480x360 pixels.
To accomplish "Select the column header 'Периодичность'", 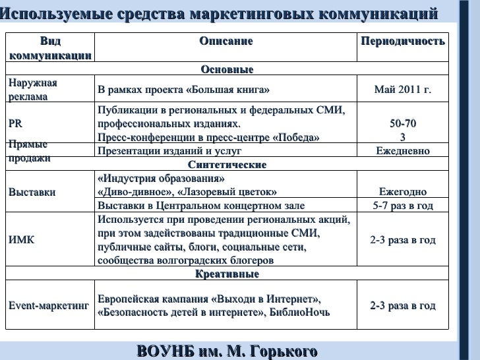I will point(402,42).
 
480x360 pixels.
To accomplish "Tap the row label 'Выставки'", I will point(32,193).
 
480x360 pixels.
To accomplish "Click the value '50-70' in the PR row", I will point(402,124).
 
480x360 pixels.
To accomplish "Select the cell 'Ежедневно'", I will point(402,151).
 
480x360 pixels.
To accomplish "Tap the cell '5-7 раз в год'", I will point(402,206).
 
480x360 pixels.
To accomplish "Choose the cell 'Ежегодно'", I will point(402,193).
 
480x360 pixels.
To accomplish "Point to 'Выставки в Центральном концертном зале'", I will point(200,206).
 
